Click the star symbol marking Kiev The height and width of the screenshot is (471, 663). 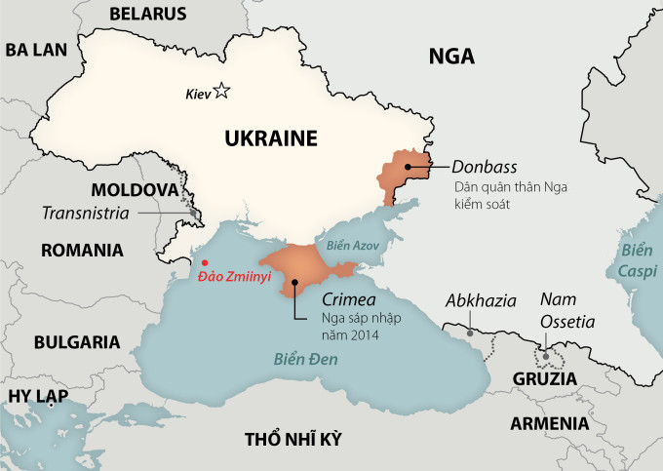point(222,92)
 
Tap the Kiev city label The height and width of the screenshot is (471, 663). point(198,95)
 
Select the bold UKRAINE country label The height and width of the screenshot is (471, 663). point(271,138)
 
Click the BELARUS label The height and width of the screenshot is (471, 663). point(147,14)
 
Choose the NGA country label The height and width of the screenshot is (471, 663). point(451,57)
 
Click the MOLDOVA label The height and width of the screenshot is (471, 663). point(135,189)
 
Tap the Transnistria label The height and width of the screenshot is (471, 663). point(87,213)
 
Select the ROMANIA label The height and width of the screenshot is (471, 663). point(83,250)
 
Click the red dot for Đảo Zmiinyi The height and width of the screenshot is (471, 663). point(204,262)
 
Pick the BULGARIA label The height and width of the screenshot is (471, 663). point(77,342)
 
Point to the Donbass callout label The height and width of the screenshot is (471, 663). point(483,166)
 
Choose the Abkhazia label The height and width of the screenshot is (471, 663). point(480,300)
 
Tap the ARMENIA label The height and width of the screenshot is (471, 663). point(549,423)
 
